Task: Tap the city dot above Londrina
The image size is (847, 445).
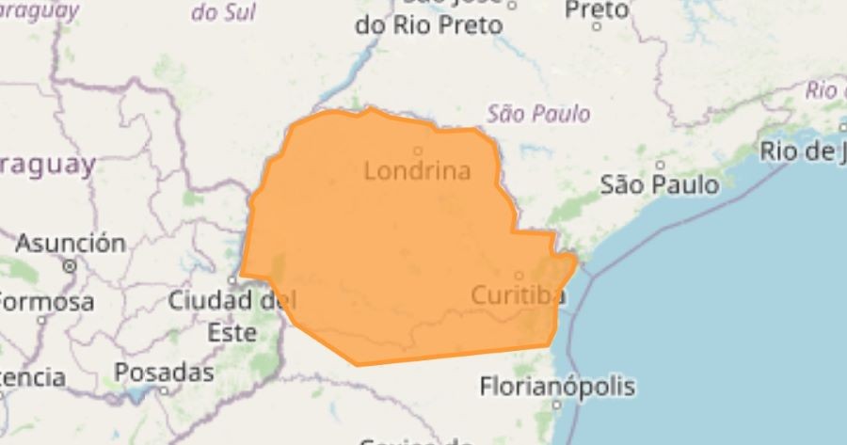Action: tap(418, 150)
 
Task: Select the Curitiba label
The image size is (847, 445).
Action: tap(518, 295)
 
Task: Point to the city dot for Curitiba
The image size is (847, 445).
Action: tap(519, 276)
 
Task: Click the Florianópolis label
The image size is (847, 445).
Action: tap(557, 386)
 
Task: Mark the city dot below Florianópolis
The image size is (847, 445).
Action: tap(556, 405)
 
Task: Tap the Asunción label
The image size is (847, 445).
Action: tap(71, 243)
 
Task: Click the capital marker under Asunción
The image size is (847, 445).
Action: tap(70, 266)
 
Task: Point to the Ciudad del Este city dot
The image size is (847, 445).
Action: tap(234, 280)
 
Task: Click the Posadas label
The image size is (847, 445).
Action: tap(164, 372)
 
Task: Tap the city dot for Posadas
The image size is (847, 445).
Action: tap(164, 389)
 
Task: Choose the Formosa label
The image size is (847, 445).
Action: tap(45, 302)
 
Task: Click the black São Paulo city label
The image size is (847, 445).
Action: tap(660, 183)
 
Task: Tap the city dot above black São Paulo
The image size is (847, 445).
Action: tap(660, 164)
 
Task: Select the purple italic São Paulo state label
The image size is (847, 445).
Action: tap(539, 114)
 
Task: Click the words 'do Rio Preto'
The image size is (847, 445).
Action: tap(428, 25)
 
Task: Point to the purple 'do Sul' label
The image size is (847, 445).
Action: tap(222, 13)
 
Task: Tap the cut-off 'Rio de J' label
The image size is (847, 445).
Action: tap(803, 150)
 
